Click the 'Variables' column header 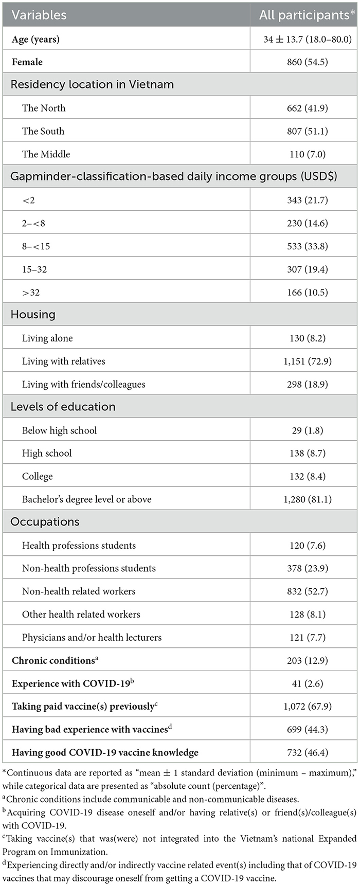pyautogui.click(x=39, y=15)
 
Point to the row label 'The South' pyautogui.click(x=43, y=131)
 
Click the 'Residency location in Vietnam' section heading pyautogui.click(x=92, y=84)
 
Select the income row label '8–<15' pyautogui.click(x=36, y=246)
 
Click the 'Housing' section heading pyautogui.click(x=33, y=315)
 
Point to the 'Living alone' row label pyautogui.click(x=47, y=338)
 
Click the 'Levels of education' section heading pyautogui.click(x=63, y=407)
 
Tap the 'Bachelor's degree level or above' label pyautogui.click(x=86, y=499)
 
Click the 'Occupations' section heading pyautogui.click(x=45, y=522)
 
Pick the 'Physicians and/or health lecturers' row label pyautogui.click(x=92, y=638)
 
